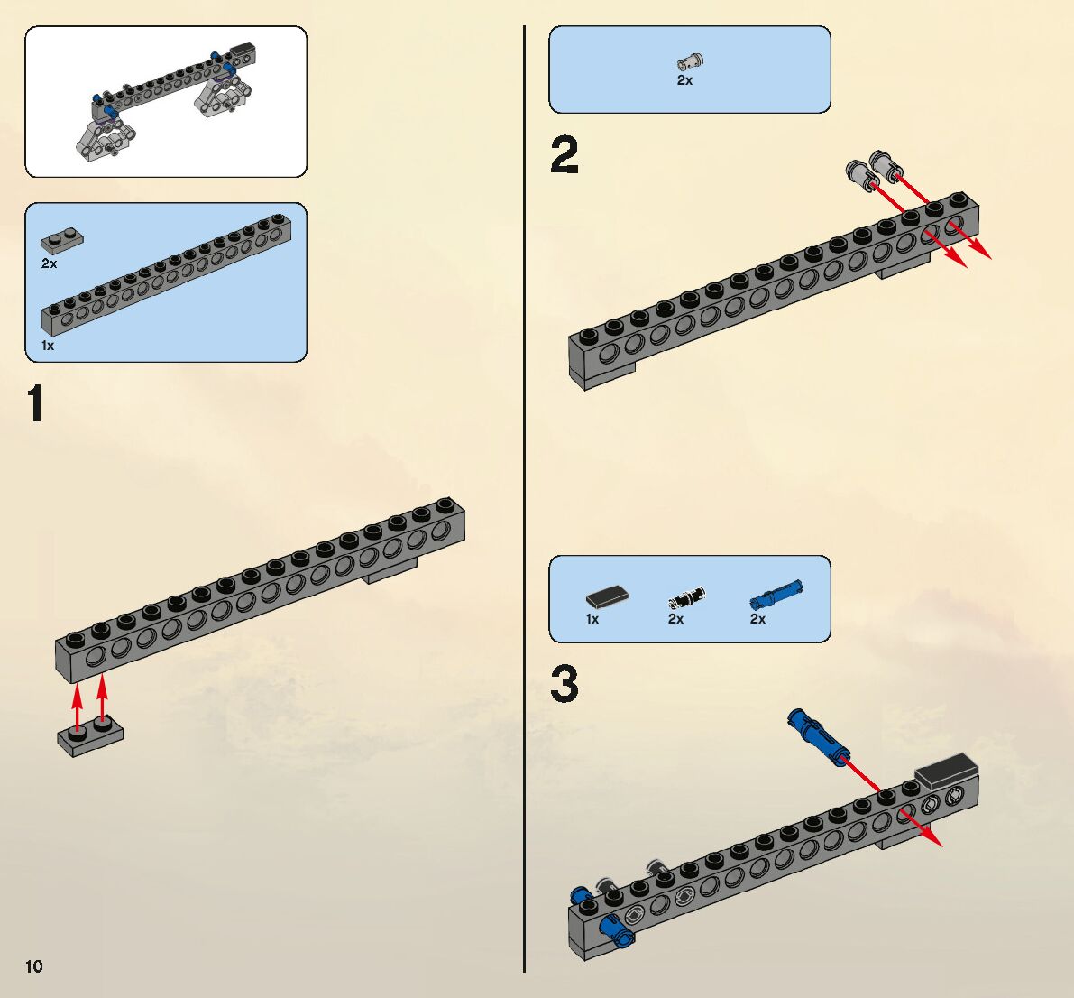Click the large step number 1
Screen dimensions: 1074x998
[x=36, y=403]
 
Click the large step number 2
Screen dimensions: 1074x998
[x=565, y=155]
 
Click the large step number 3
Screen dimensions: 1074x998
[x=565, y=684]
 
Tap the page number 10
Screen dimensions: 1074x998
[x=33, y=966]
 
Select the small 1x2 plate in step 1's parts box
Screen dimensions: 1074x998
[x=61, y=241]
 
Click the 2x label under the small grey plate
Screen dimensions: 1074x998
[x=49, y=263]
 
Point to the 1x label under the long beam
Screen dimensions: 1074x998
[x=48, y=346]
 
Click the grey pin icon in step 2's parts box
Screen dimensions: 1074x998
[x=690, y=61]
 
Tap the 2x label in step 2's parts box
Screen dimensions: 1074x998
[x=684, y=80]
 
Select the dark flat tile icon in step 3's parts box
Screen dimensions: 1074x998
[x=607, y=596]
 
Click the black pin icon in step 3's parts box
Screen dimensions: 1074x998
[x=686, y=597]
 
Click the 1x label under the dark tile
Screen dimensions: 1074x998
[x=592, y=619]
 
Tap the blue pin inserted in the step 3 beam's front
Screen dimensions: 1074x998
[x=618, y=929]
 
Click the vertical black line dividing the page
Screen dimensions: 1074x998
[x=524, y=496]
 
